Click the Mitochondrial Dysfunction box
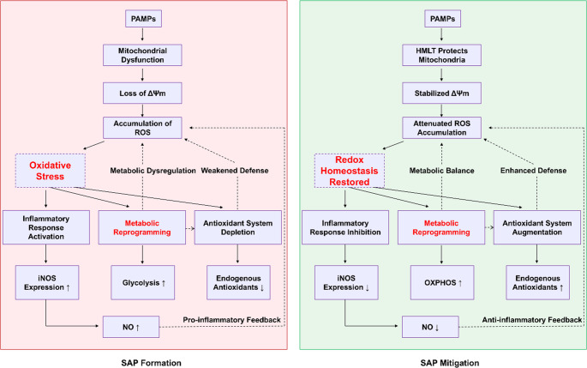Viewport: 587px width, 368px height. point(142,55)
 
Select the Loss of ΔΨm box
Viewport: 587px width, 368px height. point(142,93)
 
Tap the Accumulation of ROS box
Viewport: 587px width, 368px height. point(142,128)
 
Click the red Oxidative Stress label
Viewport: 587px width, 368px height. point(51,171)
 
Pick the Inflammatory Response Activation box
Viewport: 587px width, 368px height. point(46,227)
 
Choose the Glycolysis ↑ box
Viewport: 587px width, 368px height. point(142,282)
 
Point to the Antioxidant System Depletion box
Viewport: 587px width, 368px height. point(237,227)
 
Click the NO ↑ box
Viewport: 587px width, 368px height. point(131,327)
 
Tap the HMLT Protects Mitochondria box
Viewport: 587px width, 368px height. point(441,55)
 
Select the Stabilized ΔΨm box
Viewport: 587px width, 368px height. point(441,93)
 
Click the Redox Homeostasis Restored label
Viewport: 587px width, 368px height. point(350,171)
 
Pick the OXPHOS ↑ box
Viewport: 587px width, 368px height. point(442,282)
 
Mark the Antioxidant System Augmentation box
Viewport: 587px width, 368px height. point(537,227)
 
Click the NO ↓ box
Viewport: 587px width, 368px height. point(430,327)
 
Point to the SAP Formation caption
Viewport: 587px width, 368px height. point(151,363)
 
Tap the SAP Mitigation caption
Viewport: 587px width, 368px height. point(450,363)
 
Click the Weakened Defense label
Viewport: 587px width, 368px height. point(235,171)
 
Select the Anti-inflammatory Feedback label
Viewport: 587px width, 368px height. point(532,320)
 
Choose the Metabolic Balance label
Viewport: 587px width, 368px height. point(441,171)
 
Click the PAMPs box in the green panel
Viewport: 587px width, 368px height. point(442,19)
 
